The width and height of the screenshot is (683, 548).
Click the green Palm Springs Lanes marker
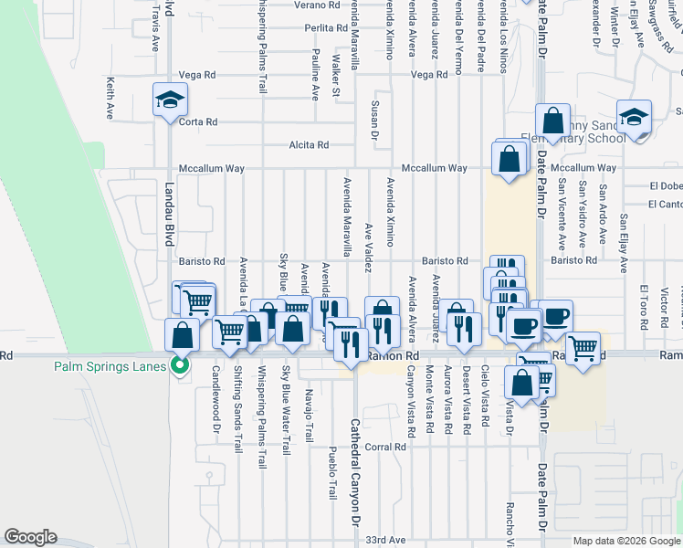pos(180,367)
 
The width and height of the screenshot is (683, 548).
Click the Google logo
pos(30,537)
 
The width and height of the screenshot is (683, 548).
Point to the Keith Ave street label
pos(110,98)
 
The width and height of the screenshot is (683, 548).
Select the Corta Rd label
pos(198,121)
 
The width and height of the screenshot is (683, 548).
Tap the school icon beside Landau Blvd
pos(170,101)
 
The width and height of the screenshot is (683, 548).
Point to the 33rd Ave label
pos(385,540)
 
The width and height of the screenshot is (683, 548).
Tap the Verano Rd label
pos(311,5)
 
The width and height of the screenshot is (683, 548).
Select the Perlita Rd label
pos(324,28)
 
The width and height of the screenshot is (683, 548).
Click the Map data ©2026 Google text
pos(625,540)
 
